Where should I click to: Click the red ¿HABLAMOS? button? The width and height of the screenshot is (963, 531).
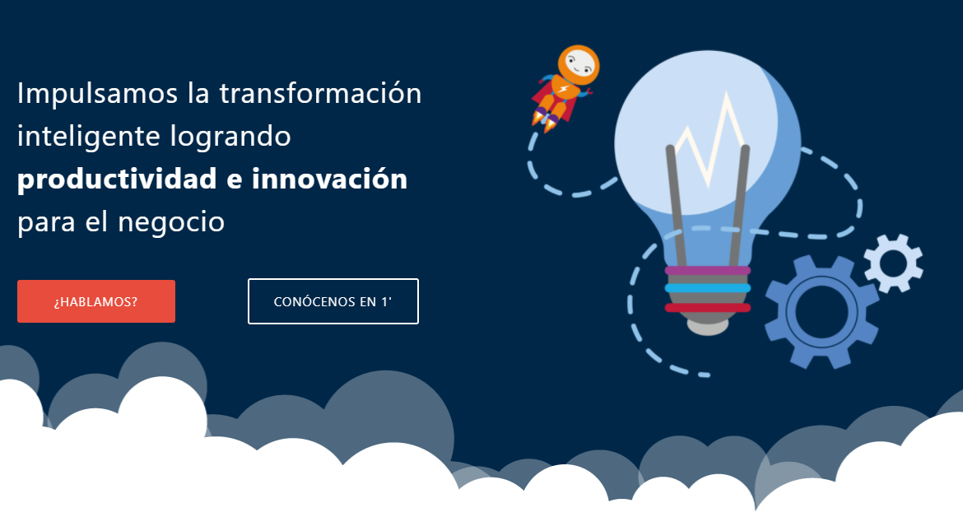(x=95, y=301)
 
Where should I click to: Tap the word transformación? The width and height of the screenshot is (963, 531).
(x=320, y=93)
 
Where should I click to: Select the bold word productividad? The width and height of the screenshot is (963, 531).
(x=118, y=179)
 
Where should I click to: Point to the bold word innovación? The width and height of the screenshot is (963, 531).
(x=330, y=179)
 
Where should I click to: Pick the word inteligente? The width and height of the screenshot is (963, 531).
(x=88, y=137)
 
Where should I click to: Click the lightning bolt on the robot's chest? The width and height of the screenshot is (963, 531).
(x=563, y=91)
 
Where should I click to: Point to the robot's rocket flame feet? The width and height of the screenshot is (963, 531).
(x=544, y=120)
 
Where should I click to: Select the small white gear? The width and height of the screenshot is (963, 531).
(x=893, y=263)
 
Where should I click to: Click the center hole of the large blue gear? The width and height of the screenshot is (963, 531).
(x=821, y=311)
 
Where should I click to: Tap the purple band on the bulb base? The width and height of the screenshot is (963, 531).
(x=708, y=270)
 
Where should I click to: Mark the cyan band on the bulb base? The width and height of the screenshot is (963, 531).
(x=708, y=288)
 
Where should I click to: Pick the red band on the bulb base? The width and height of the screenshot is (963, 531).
(x=708, y=307)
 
